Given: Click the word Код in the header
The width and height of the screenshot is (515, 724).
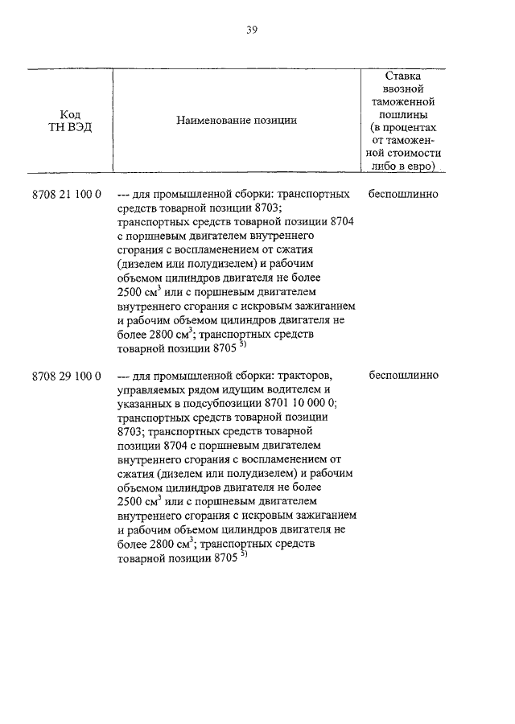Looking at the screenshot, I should (70, 113).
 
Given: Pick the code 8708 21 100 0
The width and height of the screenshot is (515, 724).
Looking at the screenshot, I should (67, 195).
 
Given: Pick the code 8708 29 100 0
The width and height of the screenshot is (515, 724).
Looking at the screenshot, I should (67, 376).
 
